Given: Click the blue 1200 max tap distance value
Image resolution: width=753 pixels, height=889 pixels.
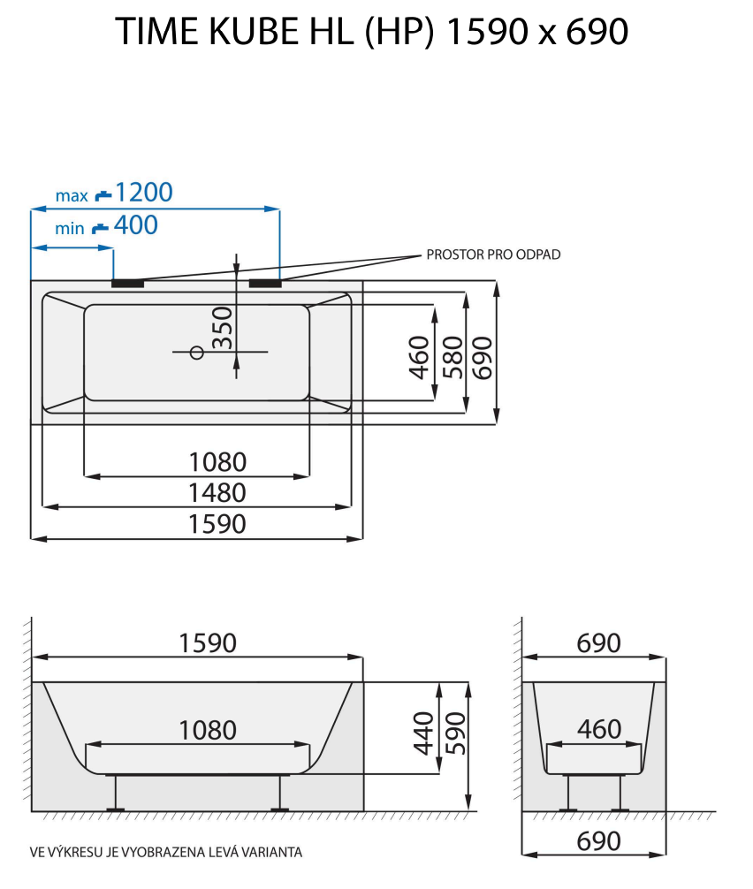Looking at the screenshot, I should click(144, 192).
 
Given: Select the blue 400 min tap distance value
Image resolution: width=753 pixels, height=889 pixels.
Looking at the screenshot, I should click(135, 225).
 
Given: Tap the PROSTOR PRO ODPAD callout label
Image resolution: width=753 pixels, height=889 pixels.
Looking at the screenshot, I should click(493, 255).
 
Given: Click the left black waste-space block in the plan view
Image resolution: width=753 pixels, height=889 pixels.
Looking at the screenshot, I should click(128, 284).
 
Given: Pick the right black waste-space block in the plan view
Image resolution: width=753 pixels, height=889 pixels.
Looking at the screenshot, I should click(265, 284).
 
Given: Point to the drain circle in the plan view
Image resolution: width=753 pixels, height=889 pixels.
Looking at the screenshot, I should click(197, 353).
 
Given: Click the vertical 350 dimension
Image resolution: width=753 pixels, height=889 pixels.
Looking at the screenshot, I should click(224, 327).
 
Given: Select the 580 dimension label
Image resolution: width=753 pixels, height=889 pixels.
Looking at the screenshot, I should click(453, 356).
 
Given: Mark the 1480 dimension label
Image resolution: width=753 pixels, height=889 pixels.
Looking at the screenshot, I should click(217, 492).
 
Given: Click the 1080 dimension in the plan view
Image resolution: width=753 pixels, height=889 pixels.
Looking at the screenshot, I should click(217, 461).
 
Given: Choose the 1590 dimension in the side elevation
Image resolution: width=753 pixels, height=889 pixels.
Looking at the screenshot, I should click(209, 642).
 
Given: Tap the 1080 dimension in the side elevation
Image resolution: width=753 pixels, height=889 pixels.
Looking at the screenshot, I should click(209, 730).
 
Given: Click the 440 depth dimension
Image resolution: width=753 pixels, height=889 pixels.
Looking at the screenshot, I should click(424, 731).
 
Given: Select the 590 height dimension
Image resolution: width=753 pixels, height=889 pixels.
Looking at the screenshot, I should click(453, 733).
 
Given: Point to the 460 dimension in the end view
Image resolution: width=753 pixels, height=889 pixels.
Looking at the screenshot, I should click(599, 730).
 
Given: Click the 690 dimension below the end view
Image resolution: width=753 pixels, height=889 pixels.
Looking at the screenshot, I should click(599, 840).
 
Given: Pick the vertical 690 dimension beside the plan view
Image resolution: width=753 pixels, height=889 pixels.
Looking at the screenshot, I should click(483, 356).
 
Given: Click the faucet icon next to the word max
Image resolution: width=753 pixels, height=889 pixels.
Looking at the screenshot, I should click(103, 194).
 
